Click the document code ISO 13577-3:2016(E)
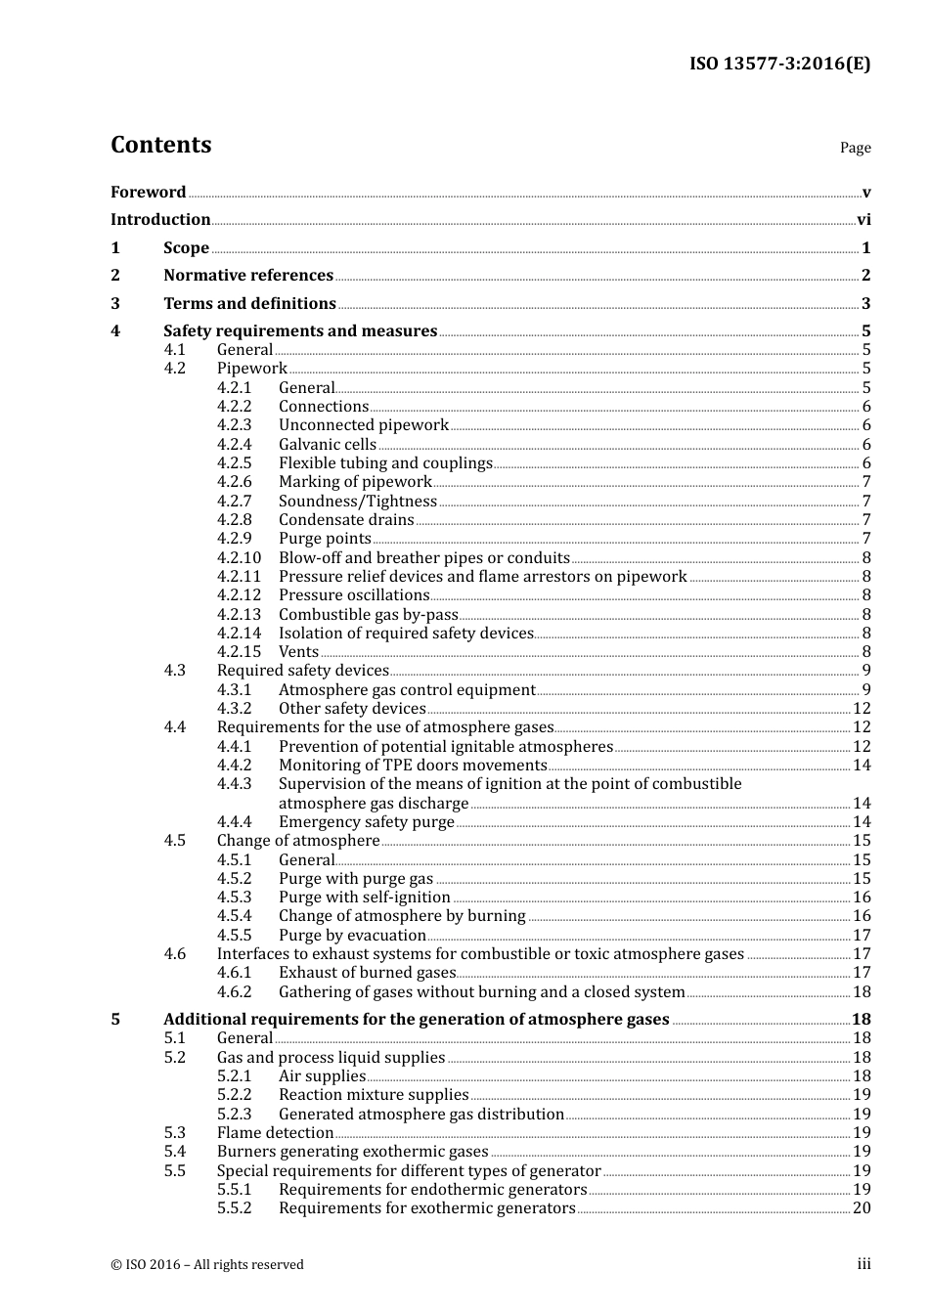pyautogui.click(x=779, y=64)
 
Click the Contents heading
pyautogui.click(x=160, y=145)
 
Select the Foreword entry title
pyautogui.click(x=148, y=192)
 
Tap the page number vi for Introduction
pyautogui.click(x=863, y=220)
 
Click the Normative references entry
pyautogui.click(x=248, y=276)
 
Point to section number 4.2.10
pyautogui.click(x=239, y=558)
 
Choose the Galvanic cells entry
pyautogui.click(x=327, y=445)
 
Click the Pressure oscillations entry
pyautogui.click(x=354, y=595)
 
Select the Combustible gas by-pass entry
pyautogui.click(x=368, y=615)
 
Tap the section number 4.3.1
pyautogui.click(x=234, y=690)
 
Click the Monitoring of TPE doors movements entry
pyautogui.click(x=412, y=766)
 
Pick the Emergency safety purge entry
pyautogui.click(x=366, y=822)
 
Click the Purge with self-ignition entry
pyautogui.click(x=364, y=898)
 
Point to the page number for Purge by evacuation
pyautogui.click(x=862, y=936)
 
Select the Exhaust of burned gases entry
pyautogui.click(x=367, y=973)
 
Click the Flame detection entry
pyautogui.click(x=275, y=1133)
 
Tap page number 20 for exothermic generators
pyautogui.click(x=862, y=1208)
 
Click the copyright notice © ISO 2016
pyautogui.click(x=206, y=1264)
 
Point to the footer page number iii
pyautogui.click(x=863, y=1264)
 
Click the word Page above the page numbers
pyautogui.click(x=855, y=148)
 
